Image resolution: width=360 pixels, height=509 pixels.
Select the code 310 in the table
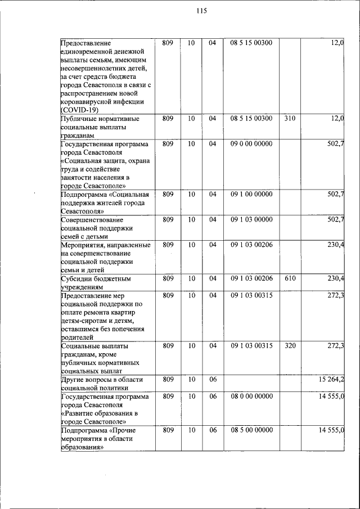[x=290, y=119]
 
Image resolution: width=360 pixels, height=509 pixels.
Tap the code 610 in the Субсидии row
[x=290, y=278]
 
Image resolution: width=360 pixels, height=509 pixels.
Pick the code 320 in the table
[x=290, y=345]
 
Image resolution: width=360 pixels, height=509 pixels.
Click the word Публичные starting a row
[x=80, y=119]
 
